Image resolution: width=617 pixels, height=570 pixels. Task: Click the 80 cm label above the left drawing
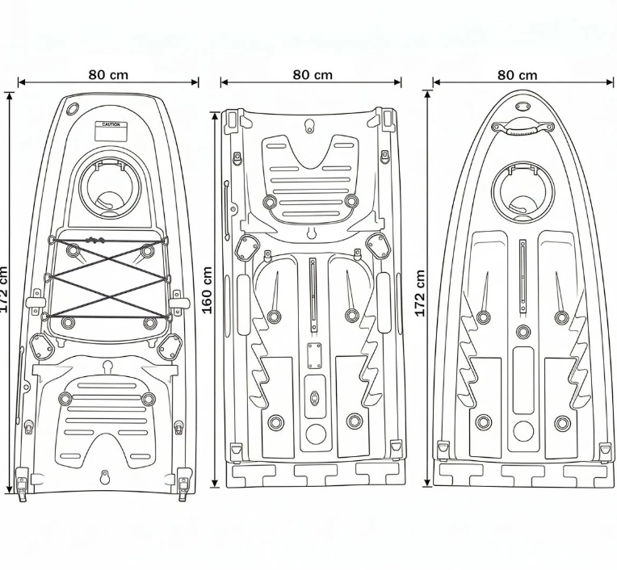(108, 74)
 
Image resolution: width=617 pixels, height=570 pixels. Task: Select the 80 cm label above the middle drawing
(312, 74)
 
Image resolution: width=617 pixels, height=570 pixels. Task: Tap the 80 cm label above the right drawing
(517, 74)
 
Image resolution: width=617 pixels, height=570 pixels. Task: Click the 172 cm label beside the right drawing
(419, 293)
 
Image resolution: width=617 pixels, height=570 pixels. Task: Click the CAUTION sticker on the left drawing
(111, 127)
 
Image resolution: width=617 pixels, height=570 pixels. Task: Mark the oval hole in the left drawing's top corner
(73, 107)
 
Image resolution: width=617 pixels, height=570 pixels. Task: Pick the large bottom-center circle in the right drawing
(523, 430)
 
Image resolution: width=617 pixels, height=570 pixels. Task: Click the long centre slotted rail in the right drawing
(523, 275)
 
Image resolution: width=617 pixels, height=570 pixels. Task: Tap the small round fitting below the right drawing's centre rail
(523, 331)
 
